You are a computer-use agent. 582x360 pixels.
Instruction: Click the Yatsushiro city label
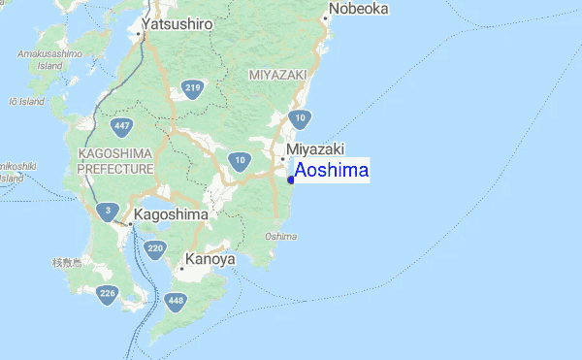pyautogui.click(x=178, y=23)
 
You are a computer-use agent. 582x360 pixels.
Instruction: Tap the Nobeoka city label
pyautogui.click(x=359, y=9)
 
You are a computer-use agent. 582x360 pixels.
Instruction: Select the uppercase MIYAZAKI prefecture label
pyautogui.click(x=277, y=75)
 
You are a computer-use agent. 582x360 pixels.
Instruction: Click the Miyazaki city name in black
pyautogui.click(x=315, y=148)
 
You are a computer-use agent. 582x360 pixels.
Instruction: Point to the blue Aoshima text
pyautogui.click(x=332, y=170)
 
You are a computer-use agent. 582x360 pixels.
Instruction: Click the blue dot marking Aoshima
pyautogui.click(x=291, y=180)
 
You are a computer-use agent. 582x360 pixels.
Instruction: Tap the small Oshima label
pyautogui.click(x=280, y=236)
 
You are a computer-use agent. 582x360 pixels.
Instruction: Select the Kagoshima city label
pyautogui.click(x=171, y=213)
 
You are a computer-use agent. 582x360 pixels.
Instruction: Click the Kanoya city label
pyautogui.click(x=210, y=260)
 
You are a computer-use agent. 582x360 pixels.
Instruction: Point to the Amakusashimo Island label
pyautogui.click(x=48, y=59)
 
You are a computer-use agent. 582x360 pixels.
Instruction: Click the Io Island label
pyautogui.click(x=26, y=101)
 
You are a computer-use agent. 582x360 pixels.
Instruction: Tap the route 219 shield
pyautogui.click(x=192, y=90)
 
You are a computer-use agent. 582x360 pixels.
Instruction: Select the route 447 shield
pyautogui.click(x=122, y=127)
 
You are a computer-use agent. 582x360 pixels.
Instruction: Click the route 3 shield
pyautogui.click(x=109, y=212)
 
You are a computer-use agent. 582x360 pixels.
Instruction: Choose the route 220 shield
pyautogui.click(x=154, y=249)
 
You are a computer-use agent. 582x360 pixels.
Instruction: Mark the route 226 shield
pyautogui.click(x=107, y=295)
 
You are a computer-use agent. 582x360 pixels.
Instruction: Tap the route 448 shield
pyautogui.click(x=175, y=302)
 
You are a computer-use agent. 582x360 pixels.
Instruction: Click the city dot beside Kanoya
pyautogui.click(x=181, y=268)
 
